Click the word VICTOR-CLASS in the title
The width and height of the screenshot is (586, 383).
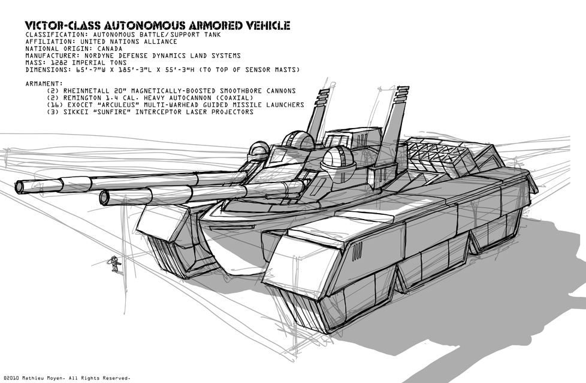[x=63, y=25]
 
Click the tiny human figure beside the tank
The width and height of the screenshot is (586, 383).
[x=114, y=264]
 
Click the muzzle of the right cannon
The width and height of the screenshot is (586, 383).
[x=105, y=197]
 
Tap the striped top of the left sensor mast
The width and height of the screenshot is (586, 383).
[x=324, y=96]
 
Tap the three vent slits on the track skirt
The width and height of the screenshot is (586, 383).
[x=357, y=251]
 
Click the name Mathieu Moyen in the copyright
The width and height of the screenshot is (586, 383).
[x=43, y=378]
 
